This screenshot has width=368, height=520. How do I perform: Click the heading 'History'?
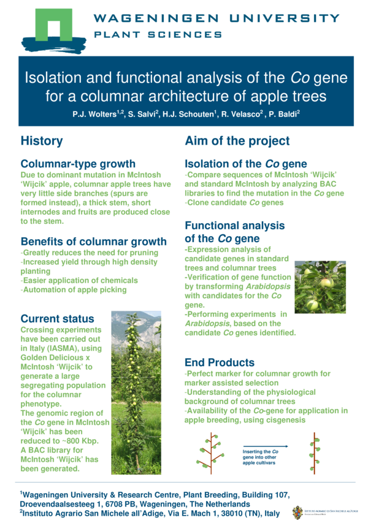coord(42,141)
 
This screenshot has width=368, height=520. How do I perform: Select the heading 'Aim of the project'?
coord(237,141)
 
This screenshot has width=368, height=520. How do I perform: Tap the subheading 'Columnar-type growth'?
coord(78,164)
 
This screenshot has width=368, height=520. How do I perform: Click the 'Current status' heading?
coord(57,318)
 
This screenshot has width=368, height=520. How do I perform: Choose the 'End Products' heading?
coord(220,362)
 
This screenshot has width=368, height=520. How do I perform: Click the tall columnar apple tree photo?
coord(136,392)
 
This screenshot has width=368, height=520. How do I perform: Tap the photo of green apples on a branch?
coord(320,287)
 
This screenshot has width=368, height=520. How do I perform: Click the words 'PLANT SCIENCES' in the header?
coord(158,34)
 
